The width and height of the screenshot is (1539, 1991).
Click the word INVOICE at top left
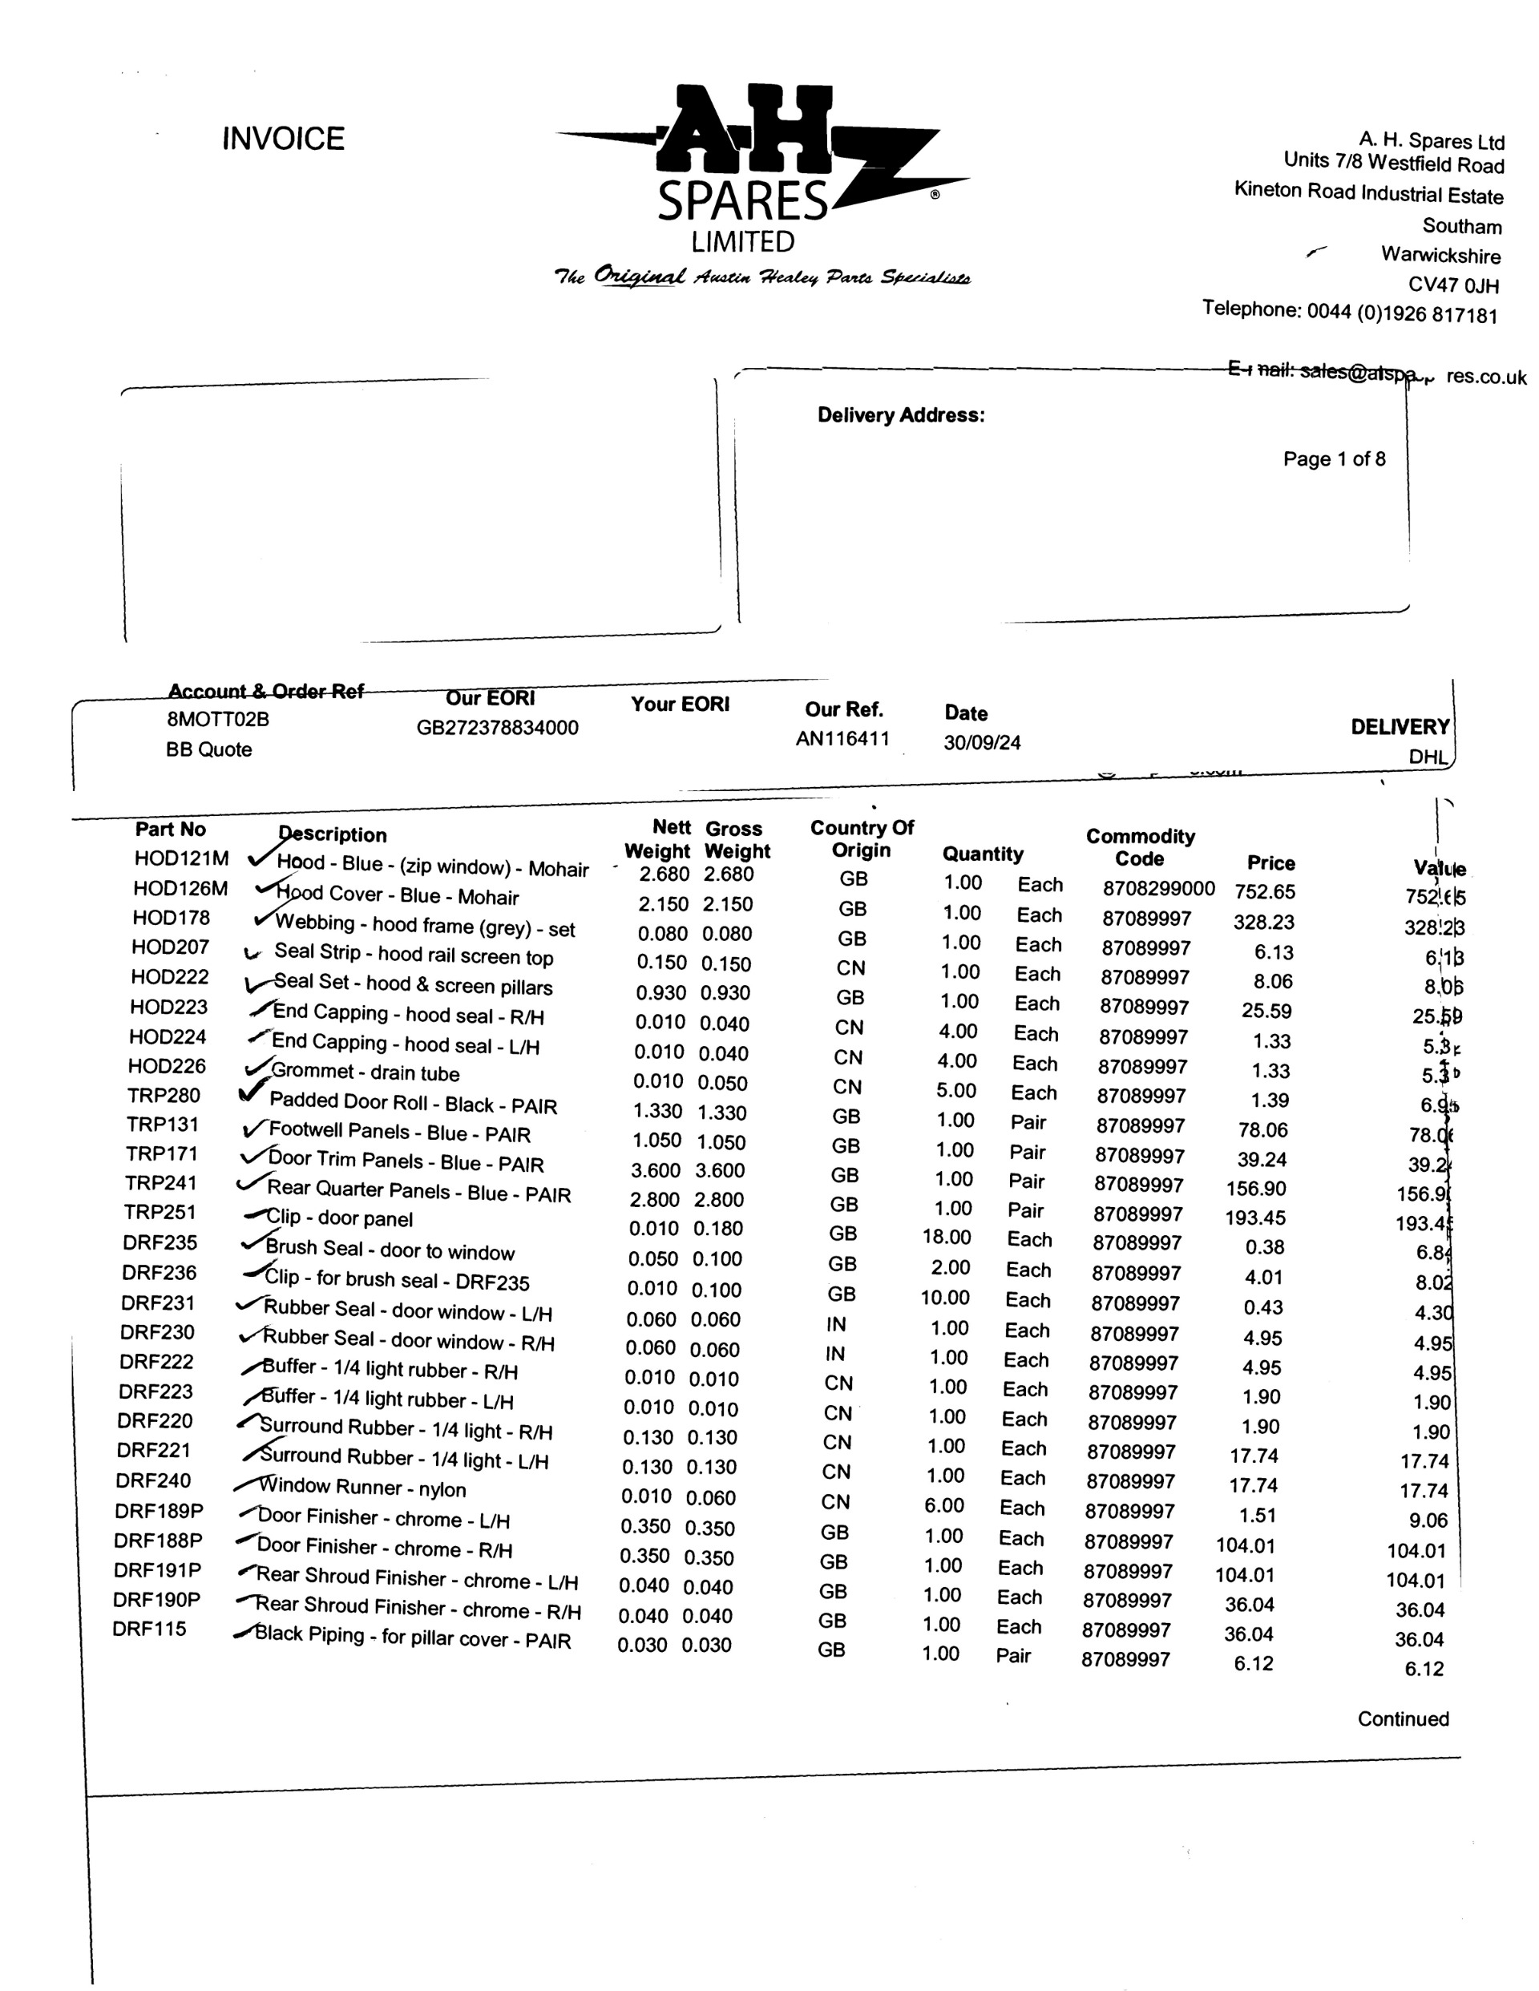[x=283, y=139]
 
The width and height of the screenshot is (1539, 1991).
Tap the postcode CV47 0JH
[x=1452, y=285]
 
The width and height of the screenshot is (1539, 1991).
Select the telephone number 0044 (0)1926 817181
[x=1401, y=313]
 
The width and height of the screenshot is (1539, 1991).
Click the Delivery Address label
[x=900, y=416]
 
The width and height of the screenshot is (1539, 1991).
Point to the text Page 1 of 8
[x=1333, y=458]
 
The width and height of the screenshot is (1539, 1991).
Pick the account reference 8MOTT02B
[x=217, y=719]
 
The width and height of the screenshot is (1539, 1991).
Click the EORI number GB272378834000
[x=497, y=728]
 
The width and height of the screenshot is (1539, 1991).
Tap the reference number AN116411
[x=842, y=738]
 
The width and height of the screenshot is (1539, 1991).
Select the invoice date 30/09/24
[x=981, y=742]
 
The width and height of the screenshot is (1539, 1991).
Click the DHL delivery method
[x=1428, y=757]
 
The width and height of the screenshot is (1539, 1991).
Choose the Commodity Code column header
[x=1140, y=847]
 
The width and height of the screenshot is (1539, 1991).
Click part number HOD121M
[x=180, y=858]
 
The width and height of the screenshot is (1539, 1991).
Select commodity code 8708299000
[x=1158, y=889]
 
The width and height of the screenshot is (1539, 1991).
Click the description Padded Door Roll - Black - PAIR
[x=412, y=1103]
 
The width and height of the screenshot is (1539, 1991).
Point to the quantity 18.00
[x=946, y=1237]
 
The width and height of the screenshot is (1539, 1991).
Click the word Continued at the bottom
[x=1402, y=1718]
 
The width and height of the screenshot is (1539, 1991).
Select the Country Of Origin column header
[x=861, y=838]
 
